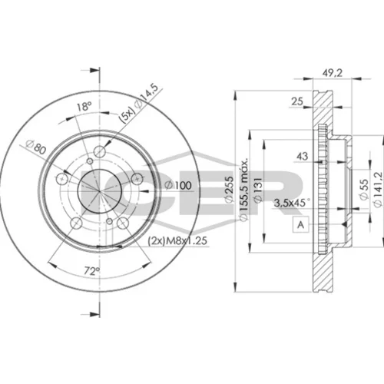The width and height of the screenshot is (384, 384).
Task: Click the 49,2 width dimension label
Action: [x=332, y=73]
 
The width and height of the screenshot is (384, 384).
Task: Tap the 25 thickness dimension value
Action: [x=297, y=101]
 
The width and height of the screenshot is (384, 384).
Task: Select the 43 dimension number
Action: [x=302, y=156]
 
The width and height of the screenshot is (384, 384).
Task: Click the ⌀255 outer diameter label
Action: [x=229, y=190]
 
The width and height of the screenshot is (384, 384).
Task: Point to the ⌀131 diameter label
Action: [x=258, y=190]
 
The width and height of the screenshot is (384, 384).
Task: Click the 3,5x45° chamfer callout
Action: [x=292, y=203]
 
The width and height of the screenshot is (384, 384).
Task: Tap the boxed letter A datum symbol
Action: [x=301, y=224]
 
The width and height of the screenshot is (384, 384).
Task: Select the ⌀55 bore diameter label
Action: [x=363, y=189]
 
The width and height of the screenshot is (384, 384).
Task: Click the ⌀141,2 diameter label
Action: [x=378, y=190]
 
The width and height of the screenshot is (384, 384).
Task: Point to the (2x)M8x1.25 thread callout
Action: [x=177, y=241]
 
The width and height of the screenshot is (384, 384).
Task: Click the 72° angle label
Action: [x=92, y=271]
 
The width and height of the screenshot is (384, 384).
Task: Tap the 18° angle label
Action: [x=84, y=107]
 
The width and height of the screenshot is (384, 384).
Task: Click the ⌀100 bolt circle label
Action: [x=178, y=185]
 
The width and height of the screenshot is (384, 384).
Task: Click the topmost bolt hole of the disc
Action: [x=100, y=151]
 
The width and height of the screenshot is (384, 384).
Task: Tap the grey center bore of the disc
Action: [x=99, y=191]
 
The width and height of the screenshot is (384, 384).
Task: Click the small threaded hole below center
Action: [x=109, y=221]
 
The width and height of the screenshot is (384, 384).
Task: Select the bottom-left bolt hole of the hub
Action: [x=76, y=223]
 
